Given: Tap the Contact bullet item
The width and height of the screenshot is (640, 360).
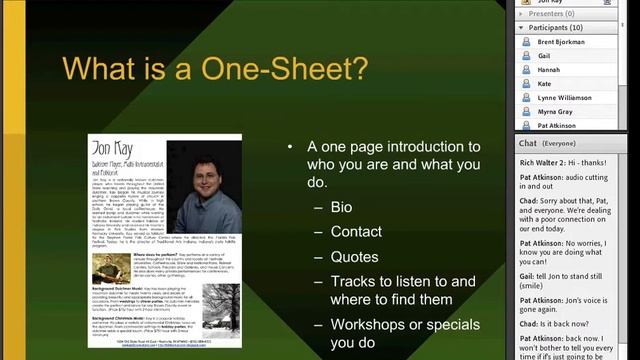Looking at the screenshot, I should (x=357, y=232).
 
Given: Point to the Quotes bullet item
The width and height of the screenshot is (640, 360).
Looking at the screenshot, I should (x=354, y=257).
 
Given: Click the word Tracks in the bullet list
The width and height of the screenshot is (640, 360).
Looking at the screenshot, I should (x=353, y=282).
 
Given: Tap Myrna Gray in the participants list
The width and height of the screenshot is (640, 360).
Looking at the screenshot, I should (x=557, y=112).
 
